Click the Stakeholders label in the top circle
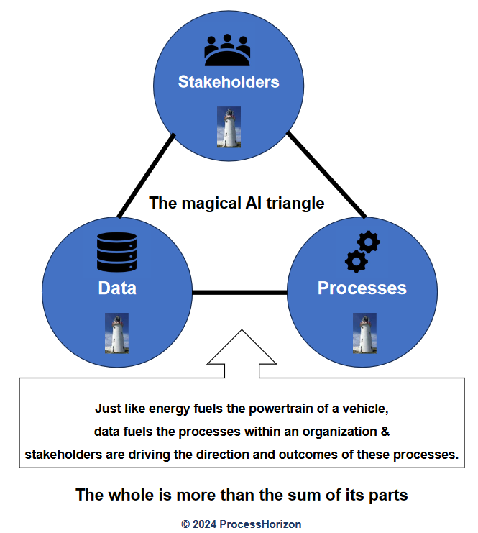point(228,82)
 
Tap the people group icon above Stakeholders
point(227,51)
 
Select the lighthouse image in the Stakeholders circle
point(229,127)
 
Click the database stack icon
point(116,251)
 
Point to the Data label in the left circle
point(117,288)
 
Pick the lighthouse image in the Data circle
point(116,333)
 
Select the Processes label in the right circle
point(362,288)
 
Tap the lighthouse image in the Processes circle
point(364,333)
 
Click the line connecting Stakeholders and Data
point(146,175)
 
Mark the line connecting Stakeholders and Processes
point(327,175)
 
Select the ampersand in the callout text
point(385,432)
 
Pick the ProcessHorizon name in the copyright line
point(259,524)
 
